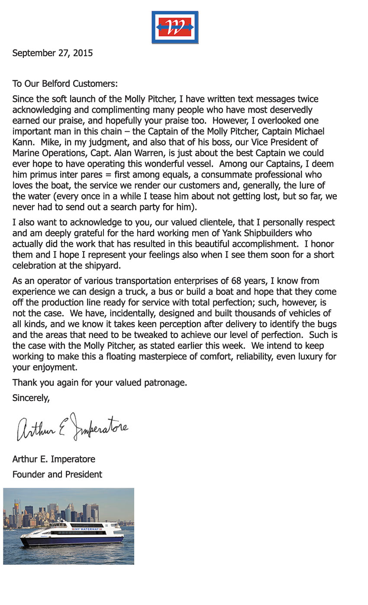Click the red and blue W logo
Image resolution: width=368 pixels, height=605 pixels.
pos(175,27)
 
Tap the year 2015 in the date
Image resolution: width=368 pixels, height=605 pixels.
pos(83,53)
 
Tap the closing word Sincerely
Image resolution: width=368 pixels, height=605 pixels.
pos(31,398)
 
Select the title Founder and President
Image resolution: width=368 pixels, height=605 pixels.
pos(57,474)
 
